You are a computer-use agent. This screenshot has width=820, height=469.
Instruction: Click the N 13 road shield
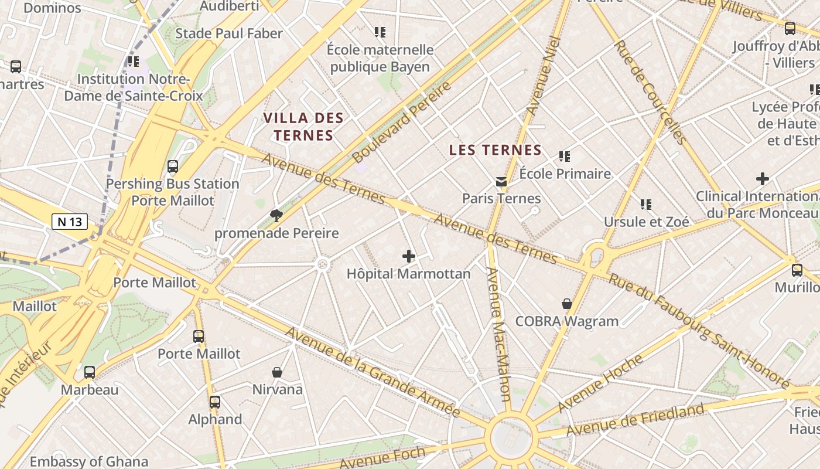[x=70, y=222]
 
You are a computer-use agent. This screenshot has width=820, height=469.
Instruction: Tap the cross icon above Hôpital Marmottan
[x=409, y=256]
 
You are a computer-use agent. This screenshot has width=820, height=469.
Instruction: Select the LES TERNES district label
[x=496, y=150]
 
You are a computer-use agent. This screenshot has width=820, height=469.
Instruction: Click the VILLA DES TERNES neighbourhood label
[x=303, y=127]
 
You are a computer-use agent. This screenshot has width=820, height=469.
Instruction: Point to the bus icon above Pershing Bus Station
[x=172, y=166]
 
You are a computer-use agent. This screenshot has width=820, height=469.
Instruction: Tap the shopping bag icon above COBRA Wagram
[x=566, y=303]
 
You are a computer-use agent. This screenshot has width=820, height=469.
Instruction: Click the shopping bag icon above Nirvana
[x=277, y=372]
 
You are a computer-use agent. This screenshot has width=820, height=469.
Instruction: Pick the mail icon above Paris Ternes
[x=501, y=181]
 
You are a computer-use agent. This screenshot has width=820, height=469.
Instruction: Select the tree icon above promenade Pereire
[x=276, y=216]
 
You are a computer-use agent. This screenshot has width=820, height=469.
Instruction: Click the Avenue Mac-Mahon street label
[x=498, y=334]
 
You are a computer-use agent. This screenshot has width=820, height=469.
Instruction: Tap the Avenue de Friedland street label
[x=635, y=420]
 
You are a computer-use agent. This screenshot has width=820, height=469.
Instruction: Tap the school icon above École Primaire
[x=565, y=157]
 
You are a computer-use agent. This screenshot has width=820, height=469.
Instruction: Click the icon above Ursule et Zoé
[x=646, y=205]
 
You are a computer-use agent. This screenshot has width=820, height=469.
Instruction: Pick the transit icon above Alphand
[x=215, y=402]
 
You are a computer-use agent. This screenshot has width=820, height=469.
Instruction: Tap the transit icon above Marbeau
[x=90, y=372]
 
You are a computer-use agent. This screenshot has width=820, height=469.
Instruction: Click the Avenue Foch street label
[x=383, y=458]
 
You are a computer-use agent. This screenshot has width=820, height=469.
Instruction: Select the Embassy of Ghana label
[x=89, y=461]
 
